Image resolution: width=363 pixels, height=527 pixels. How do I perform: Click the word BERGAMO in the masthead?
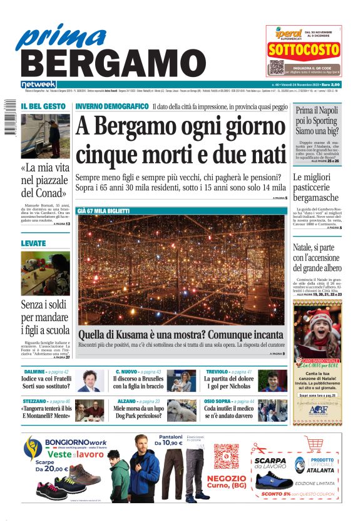tap(109, 64)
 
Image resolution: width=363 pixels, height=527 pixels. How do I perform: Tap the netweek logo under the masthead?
tap(38, 84)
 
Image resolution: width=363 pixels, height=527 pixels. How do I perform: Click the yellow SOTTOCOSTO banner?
tap(303, 49)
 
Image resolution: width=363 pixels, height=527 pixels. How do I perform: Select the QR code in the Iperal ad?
tap(277, 67)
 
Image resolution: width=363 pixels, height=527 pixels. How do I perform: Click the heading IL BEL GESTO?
tap(42, 107)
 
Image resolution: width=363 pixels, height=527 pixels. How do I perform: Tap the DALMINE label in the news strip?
tap(34, 372)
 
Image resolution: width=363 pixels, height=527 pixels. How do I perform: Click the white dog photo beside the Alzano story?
tap(181, 410)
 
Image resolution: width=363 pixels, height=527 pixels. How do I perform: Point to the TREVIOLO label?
tap(217, 372)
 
